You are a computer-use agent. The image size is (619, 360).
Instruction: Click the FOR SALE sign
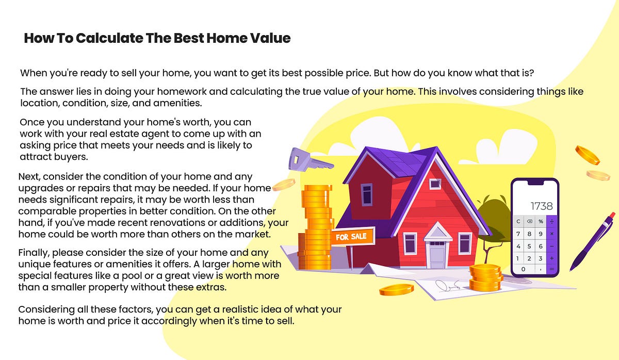coord(351,237)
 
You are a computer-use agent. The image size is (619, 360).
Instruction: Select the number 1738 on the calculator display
coord(541,206)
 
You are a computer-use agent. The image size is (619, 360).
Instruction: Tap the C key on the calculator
coord(518,221)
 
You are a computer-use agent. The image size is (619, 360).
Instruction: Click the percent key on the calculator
coord(541,221)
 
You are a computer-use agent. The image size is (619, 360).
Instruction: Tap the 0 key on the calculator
coord(524,269)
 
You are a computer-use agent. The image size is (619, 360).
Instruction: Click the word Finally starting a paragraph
coord(34,253)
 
